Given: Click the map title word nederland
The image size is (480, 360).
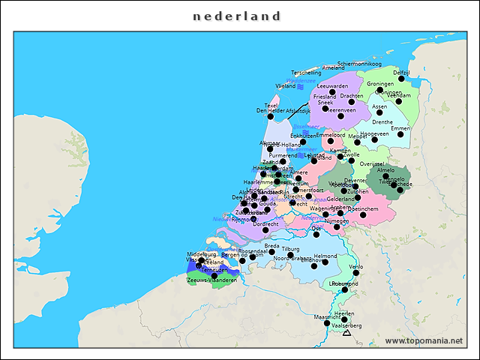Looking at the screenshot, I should [237, 16].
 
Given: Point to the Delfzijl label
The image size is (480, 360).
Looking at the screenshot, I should [401, 72].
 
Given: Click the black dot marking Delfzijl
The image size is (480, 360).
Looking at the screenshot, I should [401, 79].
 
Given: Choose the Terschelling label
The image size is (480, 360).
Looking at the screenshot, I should [306, 73].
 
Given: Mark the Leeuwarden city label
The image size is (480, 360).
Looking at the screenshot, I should [333, 86].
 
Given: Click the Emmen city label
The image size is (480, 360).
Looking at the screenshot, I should [401, 128].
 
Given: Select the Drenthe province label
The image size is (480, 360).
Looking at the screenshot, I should [382, 121].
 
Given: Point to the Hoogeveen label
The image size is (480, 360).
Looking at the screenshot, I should [375, 133].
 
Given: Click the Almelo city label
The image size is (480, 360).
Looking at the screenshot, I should [386, 170].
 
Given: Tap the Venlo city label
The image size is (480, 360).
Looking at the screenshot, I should [356, 266].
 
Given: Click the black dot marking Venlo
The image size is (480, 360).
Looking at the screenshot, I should [356, 273].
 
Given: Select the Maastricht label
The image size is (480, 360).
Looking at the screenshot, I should [327, 316].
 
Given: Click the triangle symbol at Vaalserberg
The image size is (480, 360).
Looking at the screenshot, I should [346, 332].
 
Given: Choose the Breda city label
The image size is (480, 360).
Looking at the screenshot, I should [271, 245].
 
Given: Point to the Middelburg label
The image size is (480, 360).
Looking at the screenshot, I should [201, 254].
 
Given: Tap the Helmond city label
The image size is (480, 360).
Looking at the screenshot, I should [325, 256].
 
